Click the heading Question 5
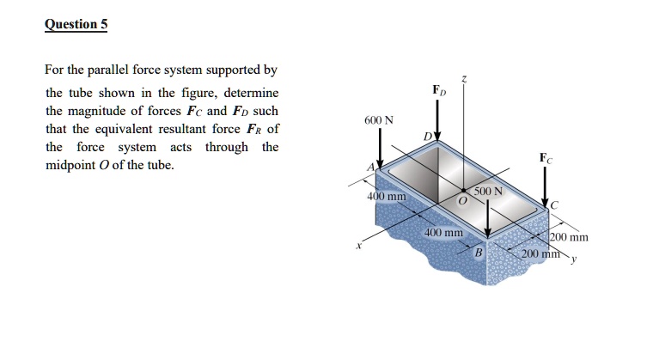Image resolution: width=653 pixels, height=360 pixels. pos(76,24)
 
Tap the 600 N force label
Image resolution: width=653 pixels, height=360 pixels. pos(379,119)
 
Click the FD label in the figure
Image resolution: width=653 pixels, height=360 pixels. pos(439,90)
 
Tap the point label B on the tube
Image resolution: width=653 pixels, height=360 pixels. pos(480,253)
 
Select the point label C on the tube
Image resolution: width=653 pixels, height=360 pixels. pos(554,204)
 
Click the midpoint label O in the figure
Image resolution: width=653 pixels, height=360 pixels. pos(461,200)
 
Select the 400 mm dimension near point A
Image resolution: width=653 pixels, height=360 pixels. pos(386,198)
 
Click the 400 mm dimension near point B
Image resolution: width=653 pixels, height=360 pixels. pos(443,233)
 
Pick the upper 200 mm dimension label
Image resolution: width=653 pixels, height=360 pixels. pos(569,237)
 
